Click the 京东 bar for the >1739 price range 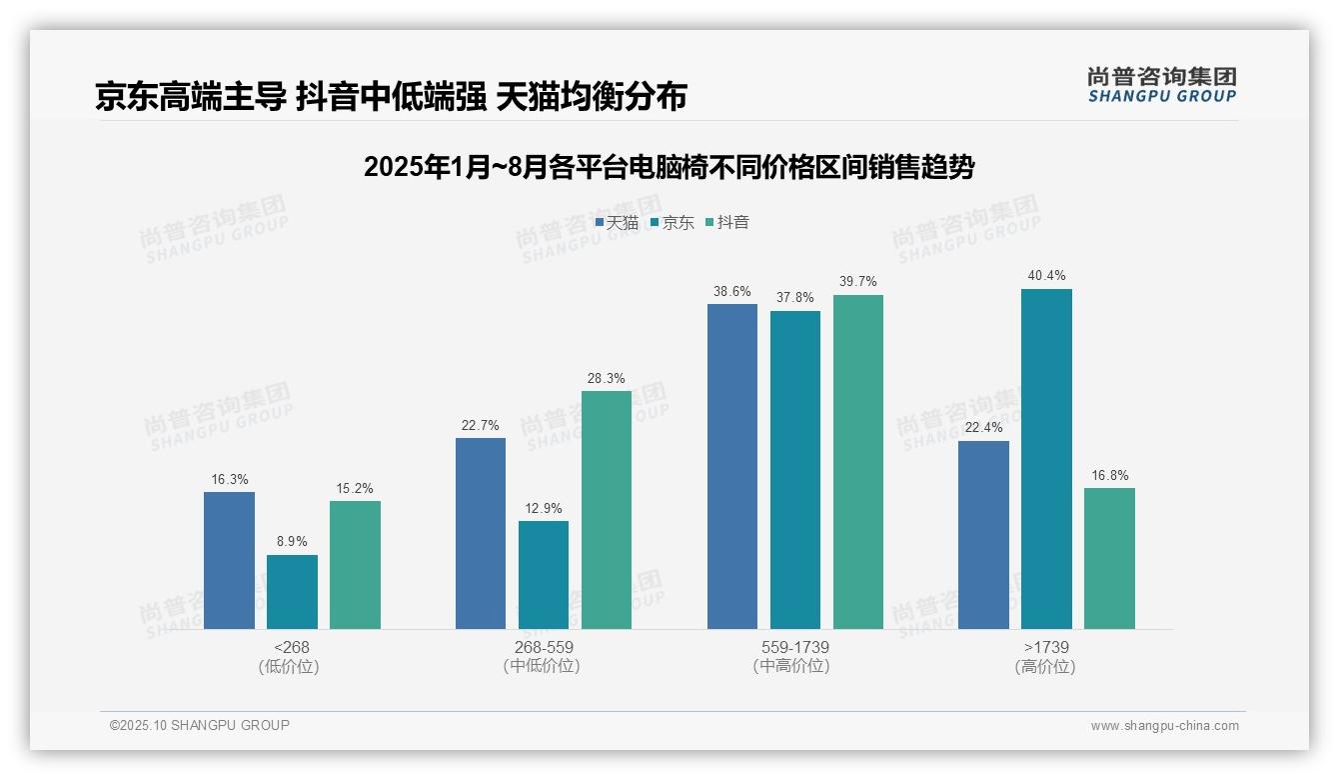tap(1046, 459)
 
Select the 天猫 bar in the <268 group tap(229, 560)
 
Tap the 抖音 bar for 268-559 tap(607, 510)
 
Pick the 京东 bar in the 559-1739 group tap(795, 470)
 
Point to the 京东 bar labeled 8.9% tap(292, 592)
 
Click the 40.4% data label tap(1046, 275)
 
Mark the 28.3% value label tap(607, 378)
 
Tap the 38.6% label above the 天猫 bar tap(732, 291)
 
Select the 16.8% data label tap(1109, 475)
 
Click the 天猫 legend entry tap(617, 222)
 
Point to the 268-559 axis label tap(544, 647)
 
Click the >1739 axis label tap(1045, 647)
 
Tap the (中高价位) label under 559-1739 tap(791, 666)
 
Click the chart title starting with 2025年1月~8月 tap(669, 167)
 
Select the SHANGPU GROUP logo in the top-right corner tap(1161, 85)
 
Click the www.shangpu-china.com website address tap(1164, 726)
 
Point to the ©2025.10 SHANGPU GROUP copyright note tap(200, 725)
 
